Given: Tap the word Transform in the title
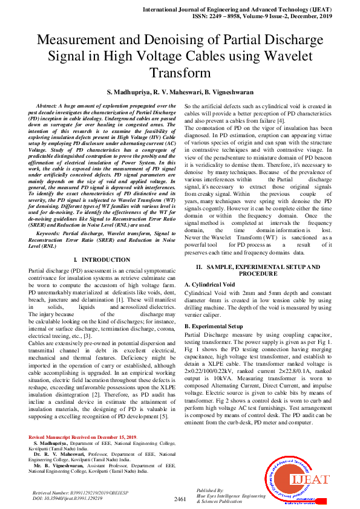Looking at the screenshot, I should [x=180, y=73].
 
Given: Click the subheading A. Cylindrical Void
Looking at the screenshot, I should [x=209, y=284].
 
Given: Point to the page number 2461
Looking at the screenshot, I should [x=180, y=499].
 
